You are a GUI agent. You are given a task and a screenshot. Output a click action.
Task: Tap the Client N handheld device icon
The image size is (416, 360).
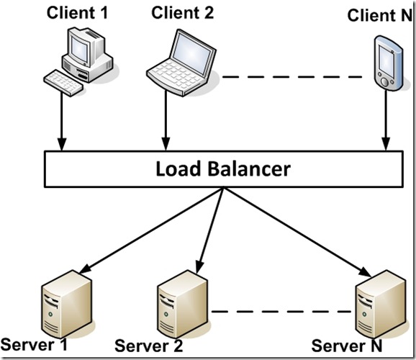coord(386,61)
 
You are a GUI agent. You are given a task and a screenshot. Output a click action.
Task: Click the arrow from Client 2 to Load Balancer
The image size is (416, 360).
coord(167,122)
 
